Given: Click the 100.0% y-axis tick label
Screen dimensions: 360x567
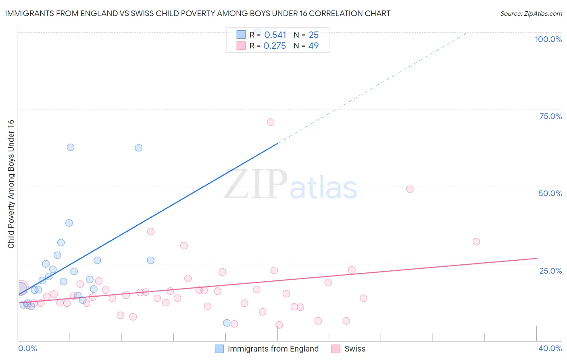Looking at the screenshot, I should pos(548,39).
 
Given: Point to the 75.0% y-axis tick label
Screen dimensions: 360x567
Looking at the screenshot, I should pos(550,116).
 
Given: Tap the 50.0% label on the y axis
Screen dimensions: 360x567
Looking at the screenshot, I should pos(550,193).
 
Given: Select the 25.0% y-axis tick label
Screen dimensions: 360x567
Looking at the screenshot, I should pos(550,270).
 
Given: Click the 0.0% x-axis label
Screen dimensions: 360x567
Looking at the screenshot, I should pos(27,348).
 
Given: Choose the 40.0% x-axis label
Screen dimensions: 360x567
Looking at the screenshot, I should pos(550,348).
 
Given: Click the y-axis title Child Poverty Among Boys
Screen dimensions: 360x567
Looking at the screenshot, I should pos(11,184).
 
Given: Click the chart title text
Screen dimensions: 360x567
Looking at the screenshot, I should pos(198,13).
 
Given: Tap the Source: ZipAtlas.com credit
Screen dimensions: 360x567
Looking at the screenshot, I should pos(531,13).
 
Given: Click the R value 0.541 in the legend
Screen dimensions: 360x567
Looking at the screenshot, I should pos(275,35).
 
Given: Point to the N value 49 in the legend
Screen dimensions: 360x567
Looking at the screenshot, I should pos(313,46).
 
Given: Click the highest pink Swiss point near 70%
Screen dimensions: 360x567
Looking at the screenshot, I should pos(271,122).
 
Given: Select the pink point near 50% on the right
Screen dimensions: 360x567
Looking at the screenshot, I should pos(410,189).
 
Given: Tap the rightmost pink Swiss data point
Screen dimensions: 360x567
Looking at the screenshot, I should pos(476,242).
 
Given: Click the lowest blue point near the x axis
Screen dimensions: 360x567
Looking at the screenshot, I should pos(227,323).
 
